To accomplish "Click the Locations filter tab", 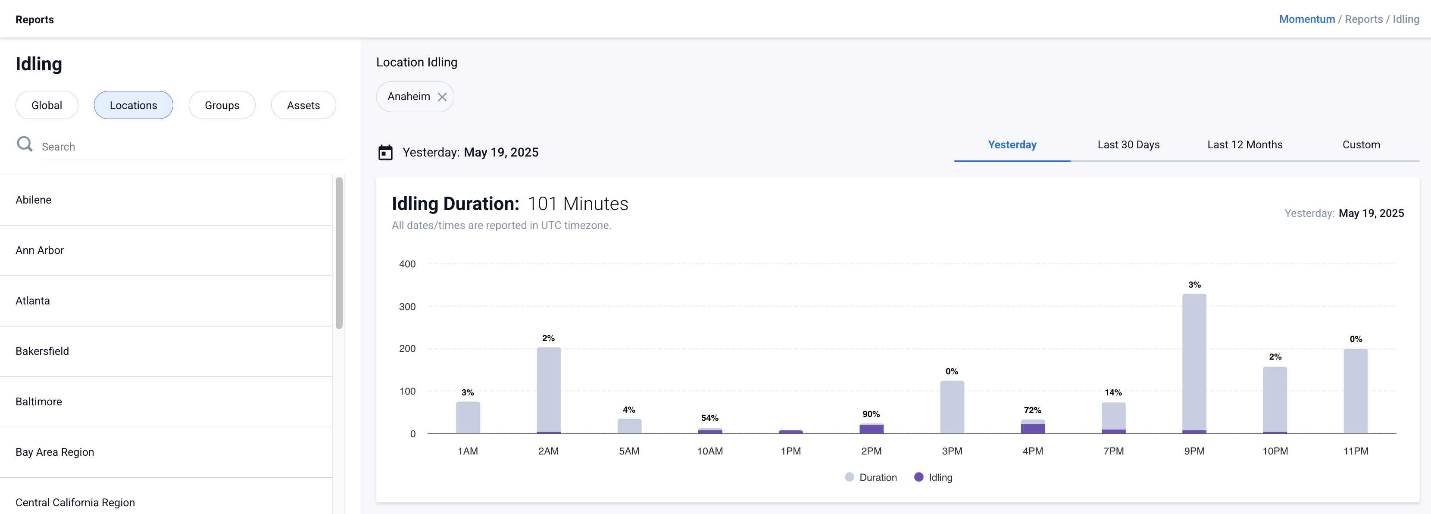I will click(133, 105).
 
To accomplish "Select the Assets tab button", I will click(303, 105).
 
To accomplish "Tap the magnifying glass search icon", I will click(25, 144).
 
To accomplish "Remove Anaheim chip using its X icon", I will click(442, 97).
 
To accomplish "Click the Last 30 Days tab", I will click(1128, 144).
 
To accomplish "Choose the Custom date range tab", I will click(1361, 144).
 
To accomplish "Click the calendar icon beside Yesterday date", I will click(385, 152).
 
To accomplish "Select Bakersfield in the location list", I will click(42, 351).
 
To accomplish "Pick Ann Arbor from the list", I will click(40, 250).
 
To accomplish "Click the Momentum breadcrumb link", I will click(1306, 19).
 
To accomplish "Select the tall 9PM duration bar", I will click(1194, 361).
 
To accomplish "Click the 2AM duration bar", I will click(548, 389).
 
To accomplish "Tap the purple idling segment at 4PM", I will click(1033, 429).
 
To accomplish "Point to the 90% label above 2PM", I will click(871, 414).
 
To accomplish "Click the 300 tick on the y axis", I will click(407, 307).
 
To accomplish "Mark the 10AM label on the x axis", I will click(710, 451).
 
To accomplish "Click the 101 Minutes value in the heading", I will click(578, 204).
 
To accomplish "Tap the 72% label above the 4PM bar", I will click(1032, 410).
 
